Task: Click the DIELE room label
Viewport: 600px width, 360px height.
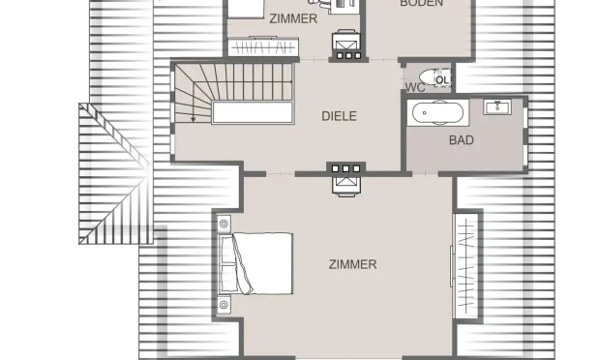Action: click(x=339, y=116)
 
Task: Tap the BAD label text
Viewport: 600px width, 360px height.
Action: click(x=462, y=140)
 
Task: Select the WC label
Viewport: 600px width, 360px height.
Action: click(x=415, y=88)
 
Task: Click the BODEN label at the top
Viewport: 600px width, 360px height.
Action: click(x=421, y=4)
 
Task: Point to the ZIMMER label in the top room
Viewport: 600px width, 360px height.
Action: click(x=293, y=18)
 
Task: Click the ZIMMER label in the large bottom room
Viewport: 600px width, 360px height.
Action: click(x=352, y=264)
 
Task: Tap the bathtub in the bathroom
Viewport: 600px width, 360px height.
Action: click(x=439, y=112)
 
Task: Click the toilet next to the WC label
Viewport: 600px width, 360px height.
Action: click(x=435, y=76)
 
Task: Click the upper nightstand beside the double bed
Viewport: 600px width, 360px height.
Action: click(x=225, y=224)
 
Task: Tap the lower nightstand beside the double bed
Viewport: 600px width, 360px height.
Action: click(x=225, y=304)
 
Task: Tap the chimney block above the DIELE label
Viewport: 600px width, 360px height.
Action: click(x=345, y=46)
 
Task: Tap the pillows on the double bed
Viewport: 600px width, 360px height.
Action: click(x=229, y=263)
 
